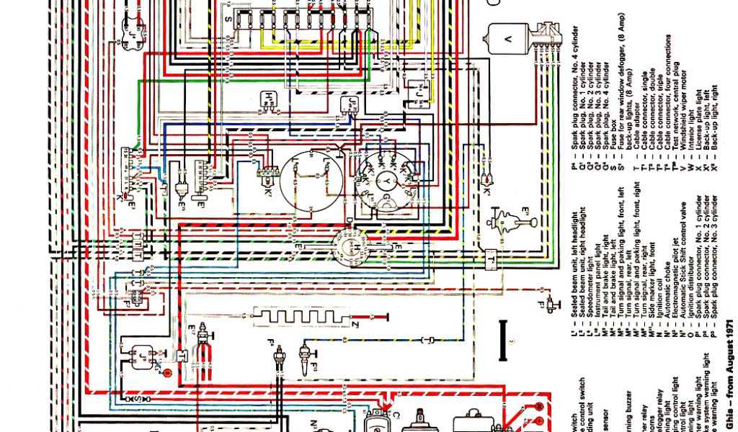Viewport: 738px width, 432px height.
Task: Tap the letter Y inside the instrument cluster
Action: (x=387, y=176)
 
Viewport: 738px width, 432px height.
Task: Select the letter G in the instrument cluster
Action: (x=387, y=197)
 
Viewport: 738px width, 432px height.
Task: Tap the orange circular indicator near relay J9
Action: (x=166, y=372)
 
